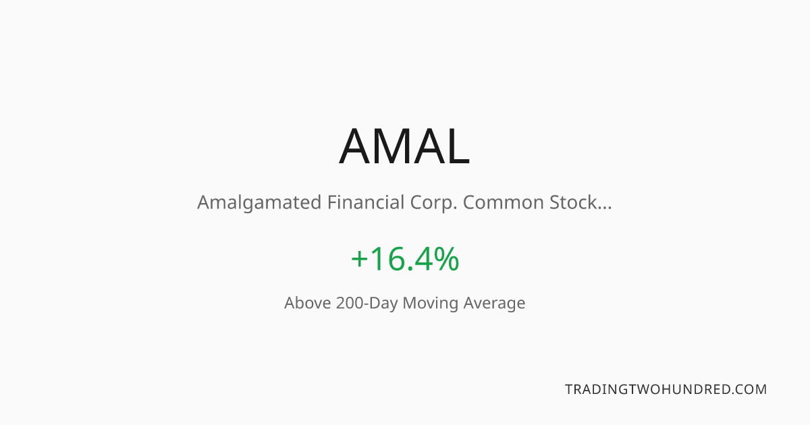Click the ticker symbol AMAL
[x=404, y=146]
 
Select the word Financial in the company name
[x=366, y=202]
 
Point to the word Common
[x=504, y=202]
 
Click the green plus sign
[x=359, y=259]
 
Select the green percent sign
[x=446, y=258]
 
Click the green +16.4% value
[x=405, y=258]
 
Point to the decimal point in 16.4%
[x=410, y=268]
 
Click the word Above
[x=307, y=303]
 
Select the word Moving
[x=431, y=304]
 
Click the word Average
[x=494, y=304]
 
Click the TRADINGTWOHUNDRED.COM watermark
[x=666, y=389]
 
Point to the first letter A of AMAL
[x=355, y=146]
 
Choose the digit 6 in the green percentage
[x=397, y=259]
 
